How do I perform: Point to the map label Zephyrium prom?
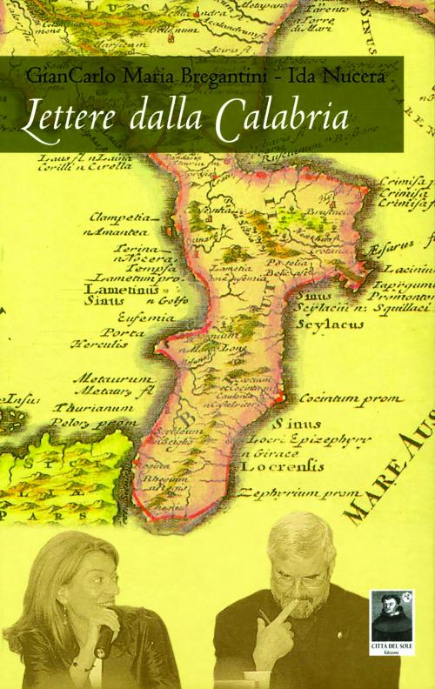pos(351,492)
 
